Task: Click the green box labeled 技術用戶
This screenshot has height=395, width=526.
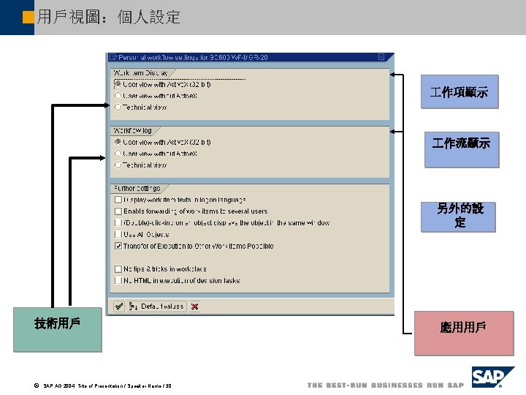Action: point(56,331)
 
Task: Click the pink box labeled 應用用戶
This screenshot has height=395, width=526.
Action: point(463,333)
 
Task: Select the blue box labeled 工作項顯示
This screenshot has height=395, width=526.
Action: point(460,92)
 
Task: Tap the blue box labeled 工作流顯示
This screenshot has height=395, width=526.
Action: point(462,143)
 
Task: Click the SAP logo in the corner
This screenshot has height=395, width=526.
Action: point(493,378)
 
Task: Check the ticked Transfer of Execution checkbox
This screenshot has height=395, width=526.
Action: point(118,247)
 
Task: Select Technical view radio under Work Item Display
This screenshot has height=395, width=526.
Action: point(118,107)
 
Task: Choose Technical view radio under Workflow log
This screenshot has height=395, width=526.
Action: point(118,165)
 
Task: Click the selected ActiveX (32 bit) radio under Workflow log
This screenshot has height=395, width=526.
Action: point(118,142)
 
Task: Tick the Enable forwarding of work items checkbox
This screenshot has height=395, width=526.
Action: point(118,211)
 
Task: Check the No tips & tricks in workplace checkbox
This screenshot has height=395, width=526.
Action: point(118,269)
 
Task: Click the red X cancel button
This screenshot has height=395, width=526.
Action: point(194,306)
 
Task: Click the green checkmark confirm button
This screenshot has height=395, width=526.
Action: point(117,306)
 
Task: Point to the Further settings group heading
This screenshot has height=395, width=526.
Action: point(137,188)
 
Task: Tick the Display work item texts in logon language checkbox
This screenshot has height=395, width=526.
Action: point(118,200)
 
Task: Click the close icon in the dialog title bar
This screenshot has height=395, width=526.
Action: point(381,57)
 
